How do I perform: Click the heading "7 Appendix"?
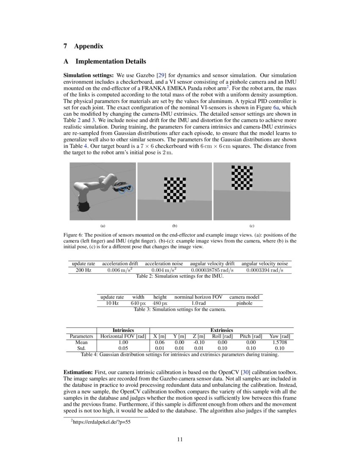[x=83, y=46]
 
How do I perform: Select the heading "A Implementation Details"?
[x=105, y=61]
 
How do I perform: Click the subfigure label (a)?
[x=102, y=226]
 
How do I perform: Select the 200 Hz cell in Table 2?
[x=83, y=270]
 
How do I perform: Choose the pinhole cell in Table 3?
[x=245, y=303]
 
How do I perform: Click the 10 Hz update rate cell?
[x=112, y=303]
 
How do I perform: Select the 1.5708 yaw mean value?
[x=280, y=342]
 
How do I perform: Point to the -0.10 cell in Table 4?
[x=199, y=342]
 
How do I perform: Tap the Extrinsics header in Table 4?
[x=222, y=330]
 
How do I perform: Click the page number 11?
[x=180, y=439]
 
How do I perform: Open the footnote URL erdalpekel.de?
[x=102, y=422]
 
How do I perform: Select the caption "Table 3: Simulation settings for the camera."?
[x=180, y=309]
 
